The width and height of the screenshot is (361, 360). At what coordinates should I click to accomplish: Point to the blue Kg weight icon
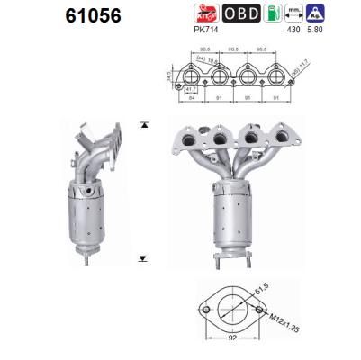click(x=341, y=13)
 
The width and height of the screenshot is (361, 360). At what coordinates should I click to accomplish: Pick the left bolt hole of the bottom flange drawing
click(x=202, y=310)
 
